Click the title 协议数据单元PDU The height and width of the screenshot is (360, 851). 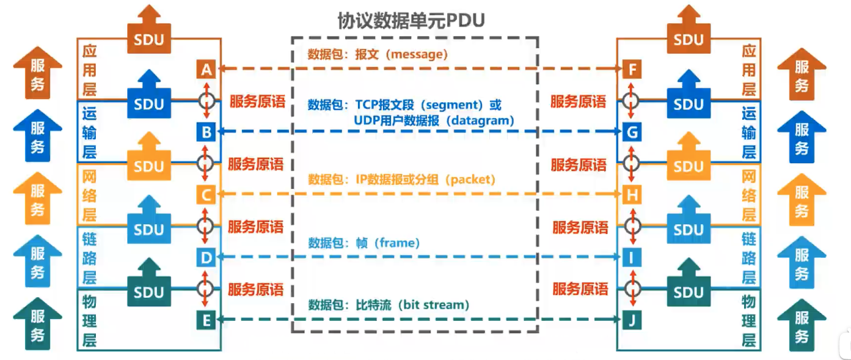tap(411, 21)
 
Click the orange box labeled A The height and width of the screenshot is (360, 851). tap(206, 70)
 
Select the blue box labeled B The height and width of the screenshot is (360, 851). tap(206, 131)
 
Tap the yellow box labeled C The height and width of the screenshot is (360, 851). tap(206, 195)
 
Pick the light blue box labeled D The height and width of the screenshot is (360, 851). tap(206, 257)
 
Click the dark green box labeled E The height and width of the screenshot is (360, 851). tap(206, 319)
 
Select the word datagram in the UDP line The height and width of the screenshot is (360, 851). tap(480, 120)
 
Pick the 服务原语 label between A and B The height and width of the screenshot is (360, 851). tap(257, 101)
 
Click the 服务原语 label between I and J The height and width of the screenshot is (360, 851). tap(580, 288)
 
